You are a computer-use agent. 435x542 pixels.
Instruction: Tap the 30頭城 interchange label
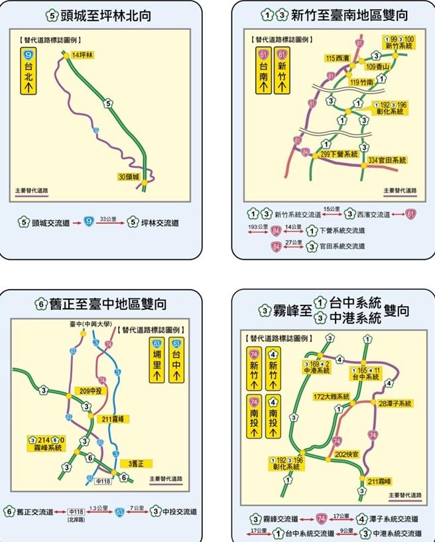pos(129,177)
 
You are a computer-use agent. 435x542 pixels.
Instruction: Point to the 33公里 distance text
pos(107,218)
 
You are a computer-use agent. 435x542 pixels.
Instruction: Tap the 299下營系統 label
pos(340,154)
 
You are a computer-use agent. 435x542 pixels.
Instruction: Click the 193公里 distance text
pos(255,226)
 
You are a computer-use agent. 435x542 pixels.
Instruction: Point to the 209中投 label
pos(89,391)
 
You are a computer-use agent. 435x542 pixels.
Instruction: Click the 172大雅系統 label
pos(332,396)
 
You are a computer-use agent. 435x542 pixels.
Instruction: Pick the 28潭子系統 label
pos(395,403)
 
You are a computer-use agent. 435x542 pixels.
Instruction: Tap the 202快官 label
pos(347,455)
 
